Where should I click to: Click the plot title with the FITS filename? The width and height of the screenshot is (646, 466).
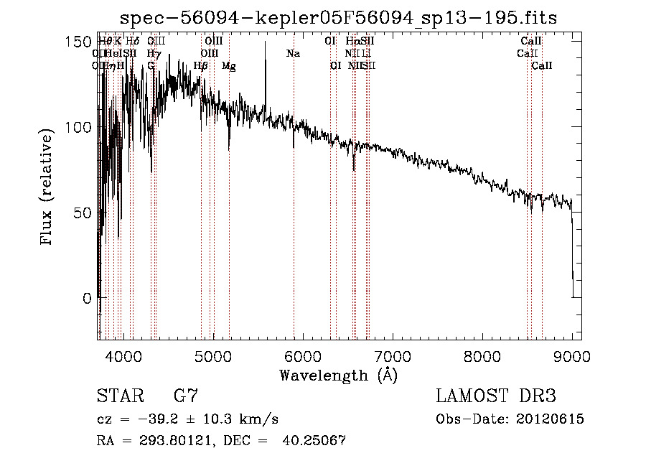click(x=340, y=17)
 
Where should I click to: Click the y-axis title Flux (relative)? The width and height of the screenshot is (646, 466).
click(x=47, y=188)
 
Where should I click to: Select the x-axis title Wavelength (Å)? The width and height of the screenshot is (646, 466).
click(x=338, y=375)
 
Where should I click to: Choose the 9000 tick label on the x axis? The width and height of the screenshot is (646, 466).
click(x=572, y=355)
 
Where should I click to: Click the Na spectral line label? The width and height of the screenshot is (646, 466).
click(x=293, y=53)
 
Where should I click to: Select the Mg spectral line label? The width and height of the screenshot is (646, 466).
click(x=228, y=66)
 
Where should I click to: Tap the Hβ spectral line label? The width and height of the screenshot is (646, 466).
click(x=201, y=66)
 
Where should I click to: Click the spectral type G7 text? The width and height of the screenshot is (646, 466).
click(x=185, y=396)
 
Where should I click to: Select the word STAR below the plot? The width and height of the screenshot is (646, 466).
click(x=118, y=396)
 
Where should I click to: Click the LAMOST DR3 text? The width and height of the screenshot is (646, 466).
click(x=495, y=396)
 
